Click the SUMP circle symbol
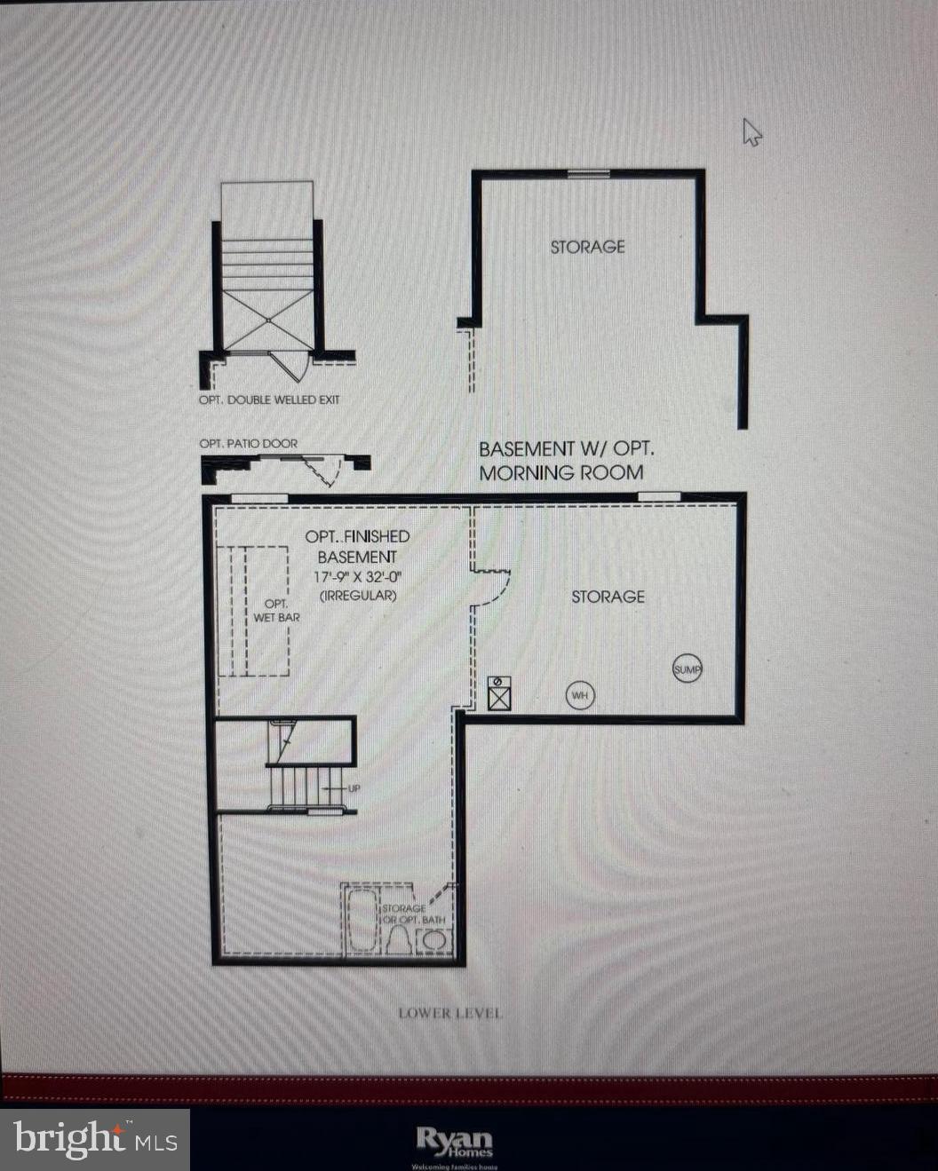[688, 669]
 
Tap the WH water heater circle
[580, 695]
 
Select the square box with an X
[499, 692]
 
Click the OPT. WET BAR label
[276, 610]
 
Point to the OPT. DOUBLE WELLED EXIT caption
[268, 400]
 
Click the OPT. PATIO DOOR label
[248, 443]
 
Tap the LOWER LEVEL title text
[449, 1013]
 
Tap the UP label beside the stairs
[354, 788]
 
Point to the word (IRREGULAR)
[358, 595]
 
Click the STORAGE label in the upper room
[587, 247]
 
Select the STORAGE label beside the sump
[608, 597]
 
